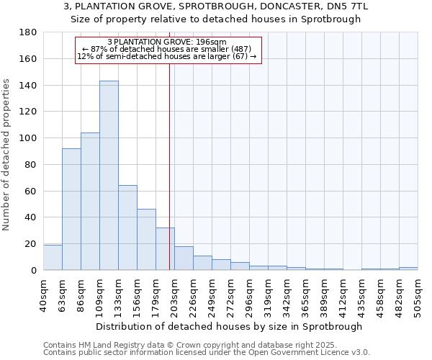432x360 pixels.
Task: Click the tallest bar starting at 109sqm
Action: pyautogui.click(x=109, y=176)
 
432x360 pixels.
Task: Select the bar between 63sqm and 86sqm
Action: pyautogui.click(x=71, y=209)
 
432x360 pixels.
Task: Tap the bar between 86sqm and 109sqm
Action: pyautogui.click(x=90, y=202)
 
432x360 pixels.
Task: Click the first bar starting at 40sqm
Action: pyautogui.click(x=53, y=258)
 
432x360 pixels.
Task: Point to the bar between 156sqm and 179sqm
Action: pyautogui.click(x=146, y=240)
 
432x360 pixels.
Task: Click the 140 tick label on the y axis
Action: pyautogui.click(x=28, y=86)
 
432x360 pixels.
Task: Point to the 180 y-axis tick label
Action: pyautogui.click(x=28, y=32)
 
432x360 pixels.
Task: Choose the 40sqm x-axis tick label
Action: pyautogui.click(x=43, y=294)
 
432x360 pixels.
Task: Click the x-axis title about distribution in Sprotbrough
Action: pyautogui.click(x=223, y=326)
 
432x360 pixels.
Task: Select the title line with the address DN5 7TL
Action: pyautogui.click(x=216, y=6)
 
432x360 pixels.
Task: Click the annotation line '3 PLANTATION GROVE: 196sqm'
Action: pyautogui.click(x=166, y=42)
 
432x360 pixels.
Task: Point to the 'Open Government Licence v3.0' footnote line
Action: pyautogui.click(x=207, y=353)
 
